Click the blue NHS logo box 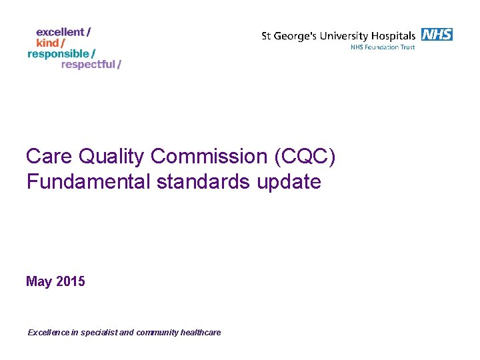(437, 35)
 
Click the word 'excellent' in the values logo (60, 32)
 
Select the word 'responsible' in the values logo (58, 53)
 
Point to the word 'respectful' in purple (88, 65)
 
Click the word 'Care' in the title (49, 157)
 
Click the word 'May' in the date (39, 282)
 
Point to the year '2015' (71, 282)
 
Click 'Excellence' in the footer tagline (49, 333)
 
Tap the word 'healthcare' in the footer (201, 333)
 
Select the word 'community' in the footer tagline (157, 333)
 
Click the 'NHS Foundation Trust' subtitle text (383, 47)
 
